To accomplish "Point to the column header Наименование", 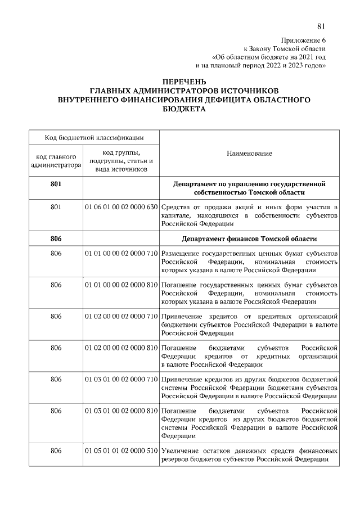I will (x=249, y=153).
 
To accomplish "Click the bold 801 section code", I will (x=56, y=184).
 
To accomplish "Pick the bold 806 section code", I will (x=56, y=239).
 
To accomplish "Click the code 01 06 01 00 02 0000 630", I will (x=121, y=208).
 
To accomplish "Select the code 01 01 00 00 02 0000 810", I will (x=121, y=285).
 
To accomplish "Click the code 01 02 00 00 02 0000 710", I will (x=121, y=317).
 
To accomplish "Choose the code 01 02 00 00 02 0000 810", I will (x=121, y=348).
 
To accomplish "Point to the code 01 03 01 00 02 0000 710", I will (x=121, y=380).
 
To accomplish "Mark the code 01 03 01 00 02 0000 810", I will (x=121, y=411).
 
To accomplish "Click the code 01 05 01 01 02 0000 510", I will (x=121, y=451).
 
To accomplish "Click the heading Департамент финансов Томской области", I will (x=249, y=239).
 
